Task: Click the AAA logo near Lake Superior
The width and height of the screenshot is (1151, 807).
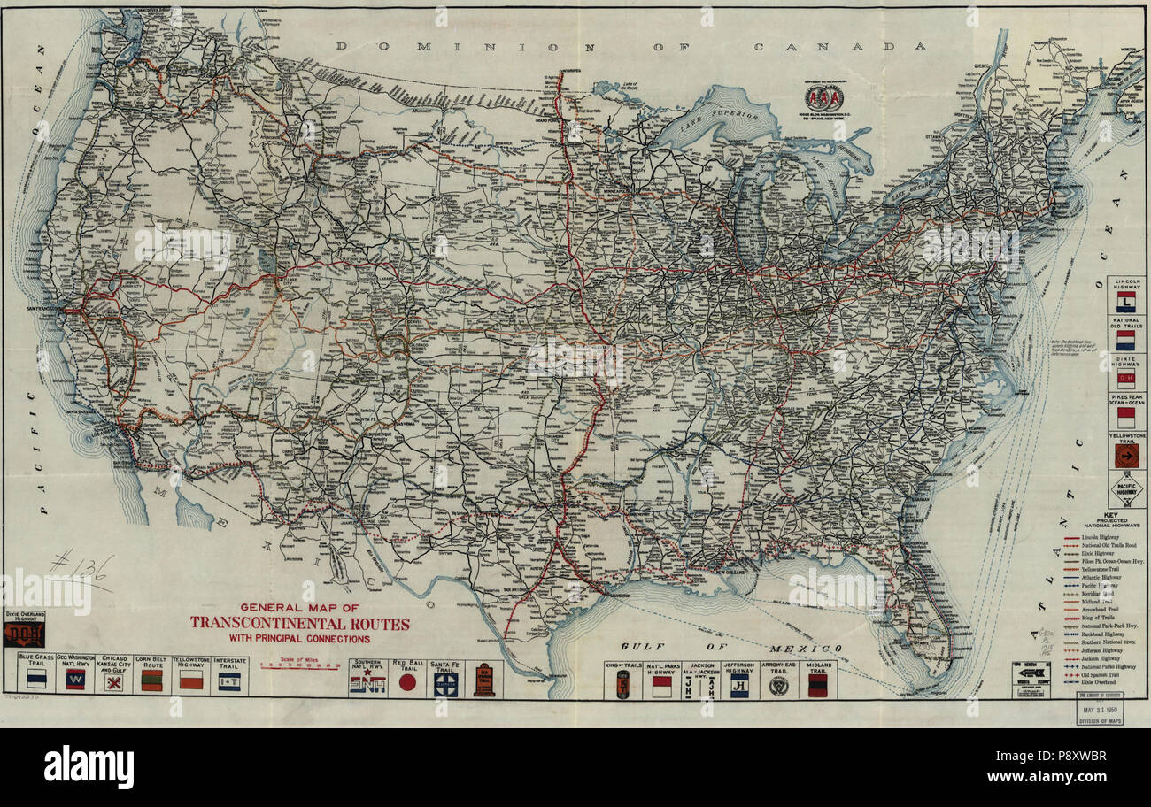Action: pyautogui.click(x=823, y=97)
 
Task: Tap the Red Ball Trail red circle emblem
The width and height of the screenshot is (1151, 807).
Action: pyautogui.click(x=407, y=682)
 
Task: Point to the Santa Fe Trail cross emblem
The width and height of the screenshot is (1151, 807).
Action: pyautogui.click(x=445, y=683)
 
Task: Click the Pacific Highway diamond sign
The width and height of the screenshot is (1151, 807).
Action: pyautogui.click(x=1125, y=489)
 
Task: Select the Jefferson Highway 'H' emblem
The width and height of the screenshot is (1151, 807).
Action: pyautogui.click(x=739, y=685)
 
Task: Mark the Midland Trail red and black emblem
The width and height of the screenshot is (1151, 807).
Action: pyautogui.click(x=816, y=685)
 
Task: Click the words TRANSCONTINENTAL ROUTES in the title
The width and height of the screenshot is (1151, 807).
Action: pyautogui.click(x=299, y=623)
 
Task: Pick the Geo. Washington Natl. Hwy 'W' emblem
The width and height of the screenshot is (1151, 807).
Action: pyautogui.click(x=74, y=680)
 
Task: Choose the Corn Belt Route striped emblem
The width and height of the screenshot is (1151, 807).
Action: pyautogui.click(x=152, y=680)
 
